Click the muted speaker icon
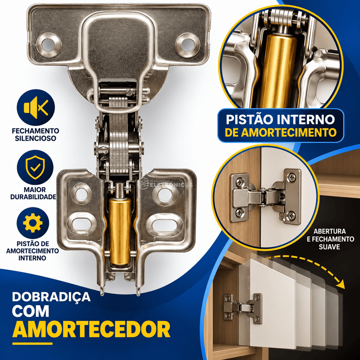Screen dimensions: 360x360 point(36,108)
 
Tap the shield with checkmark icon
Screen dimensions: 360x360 point(35,167)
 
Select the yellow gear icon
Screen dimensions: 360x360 point(33,223)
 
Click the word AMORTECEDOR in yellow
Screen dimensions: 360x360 point(91,329)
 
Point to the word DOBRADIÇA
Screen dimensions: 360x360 point(51,297)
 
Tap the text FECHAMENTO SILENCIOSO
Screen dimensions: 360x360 point(36,135)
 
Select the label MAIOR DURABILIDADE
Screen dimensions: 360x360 point(33,193)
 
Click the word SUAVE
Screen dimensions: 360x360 point(329,247)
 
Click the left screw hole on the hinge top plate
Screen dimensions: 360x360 point(49,45)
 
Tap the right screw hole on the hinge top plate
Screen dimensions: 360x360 point(188,45)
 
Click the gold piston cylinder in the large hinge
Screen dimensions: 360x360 point(120,231)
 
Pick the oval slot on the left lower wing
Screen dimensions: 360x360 point(82,224)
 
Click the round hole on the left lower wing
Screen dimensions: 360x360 point(82,194)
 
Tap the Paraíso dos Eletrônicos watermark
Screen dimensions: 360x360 point(165,184)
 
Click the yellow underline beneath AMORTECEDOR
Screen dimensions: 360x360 point(32,344)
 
